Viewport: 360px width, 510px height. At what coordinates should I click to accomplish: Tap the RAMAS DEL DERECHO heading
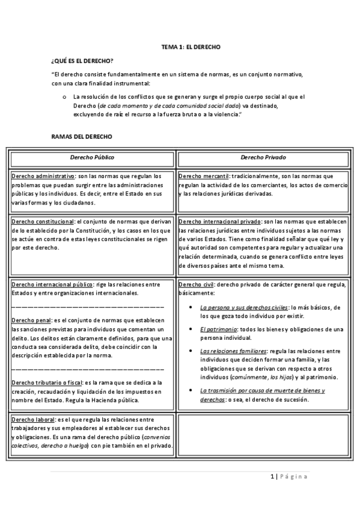pos(81,137)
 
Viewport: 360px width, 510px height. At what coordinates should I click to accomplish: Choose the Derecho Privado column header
pos(263,157)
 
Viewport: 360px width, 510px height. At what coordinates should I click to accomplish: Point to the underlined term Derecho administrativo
pos(43,176)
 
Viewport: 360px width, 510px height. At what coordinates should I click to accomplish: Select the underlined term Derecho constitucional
pos(43,221)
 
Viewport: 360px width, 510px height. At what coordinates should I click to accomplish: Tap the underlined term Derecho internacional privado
pos(220,221)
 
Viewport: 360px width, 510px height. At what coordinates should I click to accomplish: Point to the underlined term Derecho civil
pos(196,284)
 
